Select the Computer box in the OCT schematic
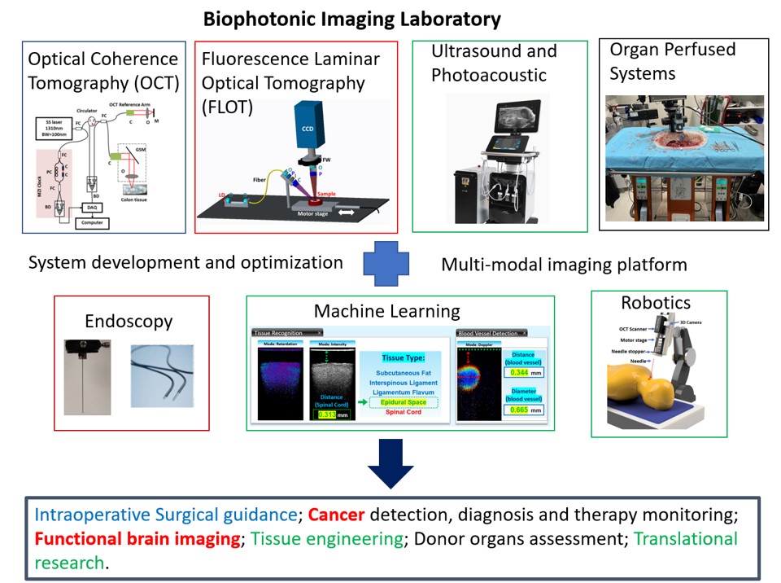pos(96,221)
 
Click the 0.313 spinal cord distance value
pos(325,414)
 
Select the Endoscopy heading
pos(129,321)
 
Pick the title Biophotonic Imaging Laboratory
pos(352,18)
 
